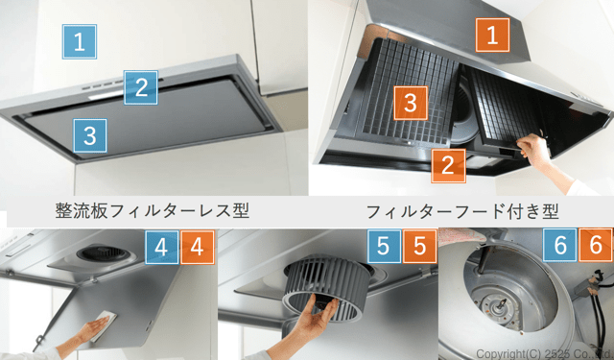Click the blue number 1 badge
coord(80,41)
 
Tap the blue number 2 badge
coord(141,87)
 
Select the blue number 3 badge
coord(89,135)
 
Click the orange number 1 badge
coord(492,35)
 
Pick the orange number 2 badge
coord(448,166)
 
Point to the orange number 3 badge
coord(411,103)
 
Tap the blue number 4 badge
coord(162,247)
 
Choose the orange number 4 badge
coord(198,247)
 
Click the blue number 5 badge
coord(384,246)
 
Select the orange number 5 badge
coord(420,246)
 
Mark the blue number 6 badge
coord(559,245)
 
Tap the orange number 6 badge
coord(596,245)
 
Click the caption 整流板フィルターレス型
coord(152,211)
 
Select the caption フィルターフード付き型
coord(462,211)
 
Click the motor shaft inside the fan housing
coord(499,309)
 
